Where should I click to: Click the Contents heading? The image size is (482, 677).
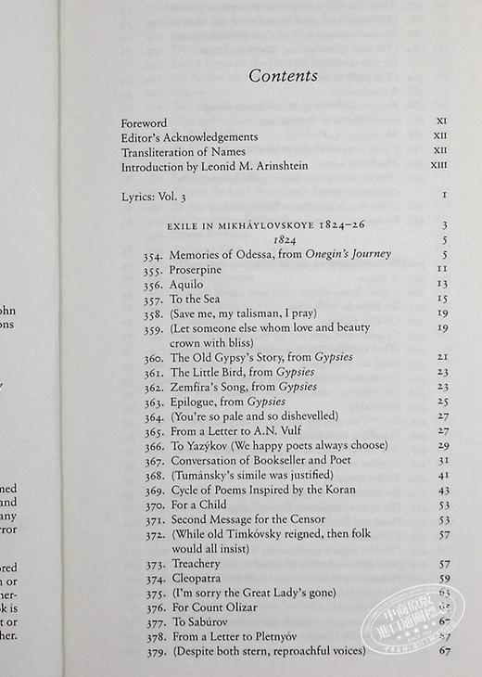coord(283,76)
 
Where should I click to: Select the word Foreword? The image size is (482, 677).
coord(144,122)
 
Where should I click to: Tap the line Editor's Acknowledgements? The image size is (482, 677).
coord(189,137)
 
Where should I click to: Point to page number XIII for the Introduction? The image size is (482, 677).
coord(438,167)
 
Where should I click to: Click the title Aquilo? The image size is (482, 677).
coord(186,284)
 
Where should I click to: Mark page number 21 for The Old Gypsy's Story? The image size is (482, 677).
coord(442,357)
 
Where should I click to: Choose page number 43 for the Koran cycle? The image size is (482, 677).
coord(442,490)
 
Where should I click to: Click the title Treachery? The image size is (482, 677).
coord(195,563)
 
